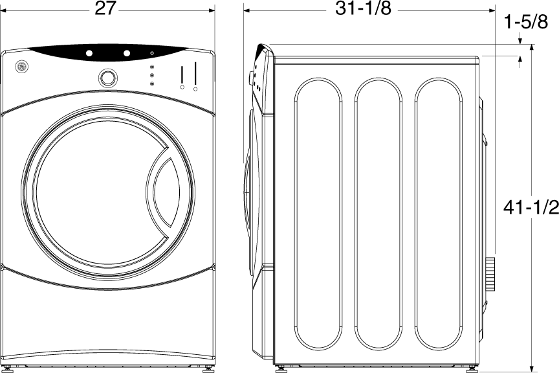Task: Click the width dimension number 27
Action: coord(107,9)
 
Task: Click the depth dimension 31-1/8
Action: coord(363,9)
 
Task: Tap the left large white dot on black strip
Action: coord(89,53)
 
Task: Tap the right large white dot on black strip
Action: coord(127,53)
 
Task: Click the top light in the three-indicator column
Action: coord(152,68)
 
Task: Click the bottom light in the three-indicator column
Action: coord(152,84)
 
